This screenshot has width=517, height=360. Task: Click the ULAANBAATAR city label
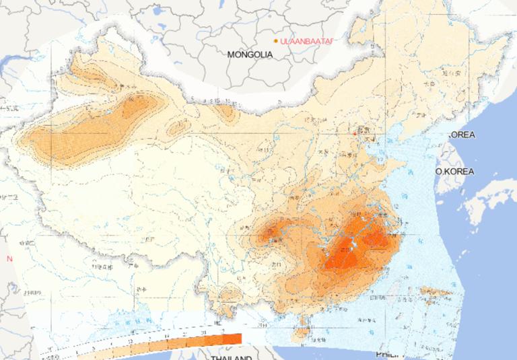pyautogui.click(x=306, y=41)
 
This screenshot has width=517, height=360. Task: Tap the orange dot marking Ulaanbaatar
pyautogui.click(x=276, y=41)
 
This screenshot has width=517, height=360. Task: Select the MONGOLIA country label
pyautogui.click(x=250, y=54)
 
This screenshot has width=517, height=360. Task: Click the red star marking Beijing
pyautogui.click(x=355, y=133)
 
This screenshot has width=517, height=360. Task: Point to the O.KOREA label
pyautogui.click(x=455, y=172)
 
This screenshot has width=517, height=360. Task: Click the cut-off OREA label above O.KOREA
pyautogui.click(x=462, y=135)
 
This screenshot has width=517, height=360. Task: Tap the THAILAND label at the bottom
pyautogui.click(x=231, y=357)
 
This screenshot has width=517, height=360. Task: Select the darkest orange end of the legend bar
pyautogui.click(x=232, y=338)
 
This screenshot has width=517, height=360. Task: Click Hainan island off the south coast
pyautogui.click(x=304, y=328)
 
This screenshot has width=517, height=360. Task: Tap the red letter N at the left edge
pyautogui.click(x=9, y=258)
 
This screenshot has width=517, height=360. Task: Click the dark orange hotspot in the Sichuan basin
pyautogui.click(x=273, y=233)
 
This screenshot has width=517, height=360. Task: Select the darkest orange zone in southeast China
pyautogui.click(x=350, y=252)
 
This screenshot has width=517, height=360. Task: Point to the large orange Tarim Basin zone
pyautogui.click(x=74, y=138)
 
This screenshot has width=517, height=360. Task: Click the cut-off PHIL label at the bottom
pyautogui.click(x=386, y=354)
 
